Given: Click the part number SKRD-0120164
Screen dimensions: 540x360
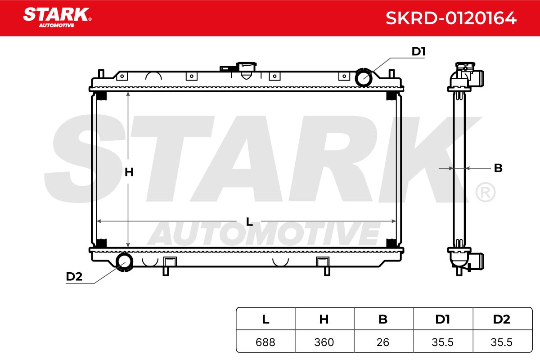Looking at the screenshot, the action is tap(451, 18).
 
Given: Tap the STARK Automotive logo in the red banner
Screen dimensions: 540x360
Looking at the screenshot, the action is tap(57, 18).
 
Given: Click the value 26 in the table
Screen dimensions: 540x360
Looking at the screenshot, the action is tap(383, 342).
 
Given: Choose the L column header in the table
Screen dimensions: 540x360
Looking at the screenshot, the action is tap(265, 319).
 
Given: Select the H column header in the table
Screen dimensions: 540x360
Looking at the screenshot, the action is tap(324, 319).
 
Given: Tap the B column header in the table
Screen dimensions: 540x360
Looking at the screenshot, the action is tap(383, 319).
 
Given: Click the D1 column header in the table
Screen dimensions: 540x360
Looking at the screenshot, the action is tap(443, 319).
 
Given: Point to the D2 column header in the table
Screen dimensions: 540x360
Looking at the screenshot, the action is tap(502, 319).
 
